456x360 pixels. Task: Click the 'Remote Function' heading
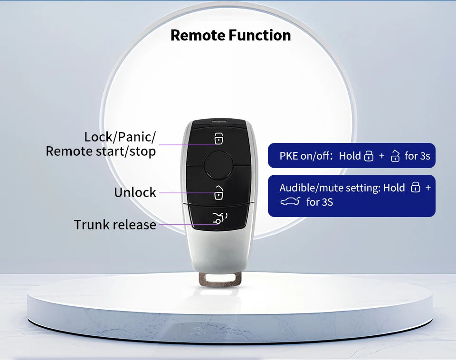click(x=230, y=35)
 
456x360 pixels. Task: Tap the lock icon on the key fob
click(x=218, y=139)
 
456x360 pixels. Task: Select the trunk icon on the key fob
click(x=219, y=218)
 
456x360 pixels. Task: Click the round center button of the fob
click(x=218, y=165)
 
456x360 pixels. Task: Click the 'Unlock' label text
click(x=135, y=192)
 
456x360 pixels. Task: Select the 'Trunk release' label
click(x=115, y=224)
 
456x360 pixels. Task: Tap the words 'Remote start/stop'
click(x=101, y=151)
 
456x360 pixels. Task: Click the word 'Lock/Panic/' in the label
click(x=120, y=137)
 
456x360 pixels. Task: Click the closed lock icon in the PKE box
click(x=369, y=156)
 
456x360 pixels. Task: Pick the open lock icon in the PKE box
click(x=395, y=156)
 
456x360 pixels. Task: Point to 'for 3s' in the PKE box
click(x=418, y=156)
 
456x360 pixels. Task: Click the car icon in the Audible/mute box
click(x=290, y=202)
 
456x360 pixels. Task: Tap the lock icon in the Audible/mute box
click(x=415, y=188)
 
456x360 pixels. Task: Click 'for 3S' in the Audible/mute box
click(x=320, y=202)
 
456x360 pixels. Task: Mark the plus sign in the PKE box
click(x=382, y=156)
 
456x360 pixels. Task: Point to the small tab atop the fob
click(x=218, y=122)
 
